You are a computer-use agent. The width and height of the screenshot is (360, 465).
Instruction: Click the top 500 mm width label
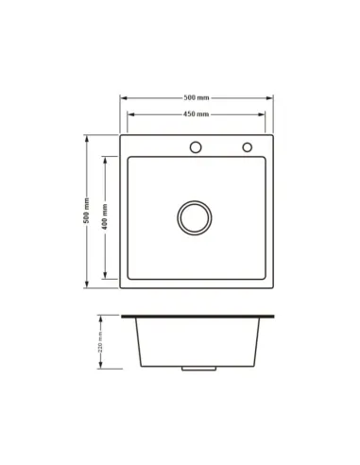point(197,97)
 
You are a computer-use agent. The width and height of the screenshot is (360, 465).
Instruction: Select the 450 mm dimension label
point(196,114)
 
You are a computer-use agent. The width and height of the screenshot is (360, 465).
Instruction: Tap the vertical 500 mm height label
point(86,211)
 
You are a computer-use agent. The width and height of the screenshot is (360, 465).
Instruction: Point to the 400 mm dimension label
point(105,216)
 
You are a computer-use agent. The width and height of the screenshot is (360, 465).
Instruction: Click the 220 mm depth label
point(100,342)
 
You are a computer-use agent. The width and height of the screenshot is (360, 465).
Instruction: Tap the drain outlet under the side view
point(198,369)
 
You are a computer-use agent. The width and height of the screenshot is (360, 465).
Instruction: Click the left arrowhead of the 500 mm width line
point(124,98)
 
